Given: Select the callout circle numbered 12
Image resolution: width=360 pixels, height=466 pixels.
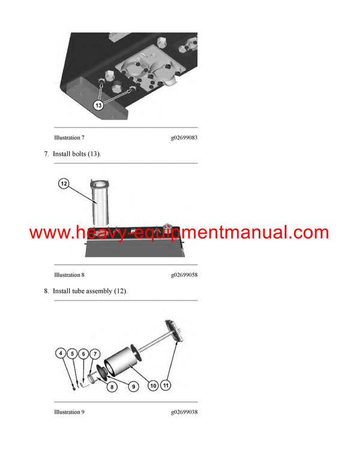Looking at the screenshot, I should click(x=64, y=184).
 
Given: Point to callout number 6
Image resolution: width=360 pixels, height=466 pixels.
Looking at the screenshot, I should click(x=84, y=354).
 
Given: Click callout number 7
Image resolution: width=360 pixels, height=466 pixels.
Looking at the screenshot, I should click(x=95, y=354).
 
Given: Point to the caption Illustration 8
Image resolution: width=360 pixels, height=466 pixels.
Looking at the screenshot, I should click(x=69, y=275).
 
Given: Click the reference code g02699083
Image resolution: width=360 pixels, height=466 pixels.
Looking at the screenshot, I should click(x=184, y=138).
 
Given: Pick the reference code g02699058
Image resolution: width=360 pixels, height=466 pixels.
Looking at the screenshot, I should click(x=184, y=275).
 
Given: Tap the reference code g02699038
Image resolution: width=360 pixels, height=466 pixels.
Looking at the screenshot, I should click(x=184, y=412).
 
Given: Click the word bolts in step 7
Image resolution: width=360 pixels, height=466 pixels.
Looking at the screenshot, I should click(x=77, y=154).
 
